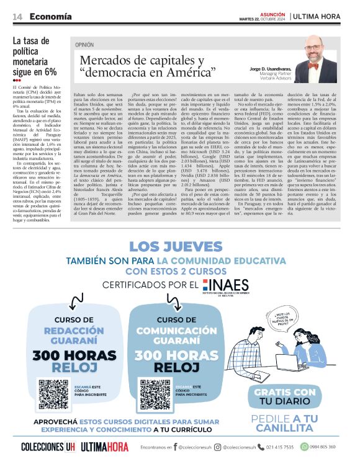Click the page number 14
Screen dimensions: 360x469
(17, 16)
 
